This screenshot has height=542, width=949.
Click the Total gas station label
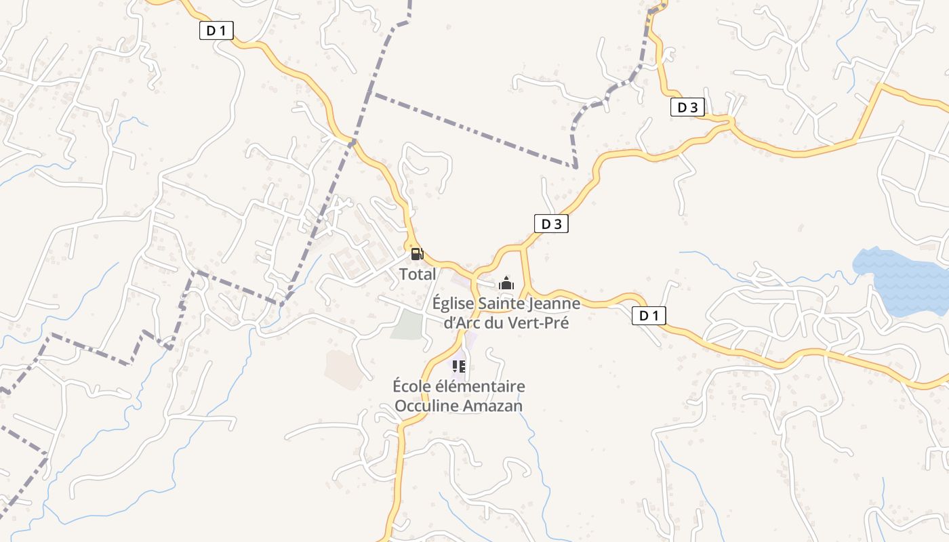coord(418,274)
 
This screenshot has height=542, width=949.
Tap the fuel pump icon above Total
coord(417,255)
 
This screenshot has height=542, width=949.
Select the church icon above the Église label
coord(506,284)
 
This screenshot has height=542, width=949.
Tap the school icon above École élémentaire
coord(459,367)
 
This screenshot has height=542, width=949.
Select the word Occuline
coord(425,406)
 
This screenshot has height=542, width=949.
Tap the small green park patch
coord(407,324)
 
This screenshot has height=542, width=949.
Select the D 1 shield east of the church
coord(649,315)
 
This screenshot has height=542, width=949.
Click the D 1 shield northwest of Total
coord(216,30)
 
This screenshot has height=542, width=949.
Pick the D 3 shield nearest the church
coord(551,224)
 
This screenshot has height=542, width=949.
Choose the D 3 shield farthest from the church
coord(687,107)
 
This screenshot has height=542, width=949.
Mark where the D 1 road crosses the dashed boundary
coord(352,141)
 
